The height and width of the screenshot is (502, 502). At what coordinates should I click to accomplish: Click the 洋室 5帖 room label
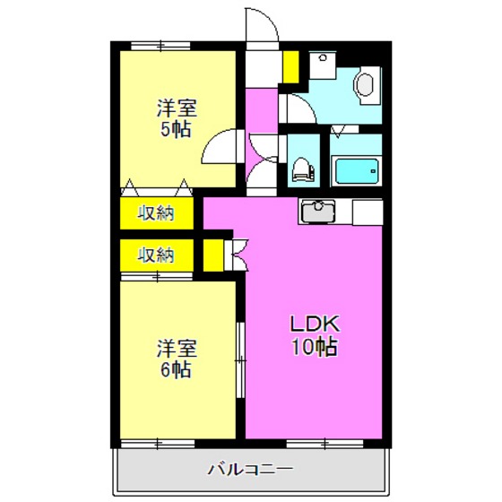pos(177,117)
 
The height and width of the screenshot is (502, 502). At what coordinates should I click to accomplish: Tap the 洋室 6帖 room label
pos(177,357)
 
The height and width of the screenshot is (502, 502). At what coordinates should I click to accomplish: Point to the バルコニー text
pos(250,468)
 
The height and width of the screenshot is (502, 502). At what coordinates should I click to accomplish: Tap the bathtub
pos(357,169)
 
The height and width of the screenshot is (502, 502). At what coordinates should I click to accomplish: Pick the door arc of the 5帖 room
pos(222,145)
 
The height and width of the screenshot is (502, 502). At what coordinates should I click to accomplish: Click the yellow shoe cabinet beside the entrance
pos(290,65)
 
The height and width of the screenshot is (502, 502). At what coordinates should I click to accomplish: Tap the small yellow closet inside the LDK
pos(213,255)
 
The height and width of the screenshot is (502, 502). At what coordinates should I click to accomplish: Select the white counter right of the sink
pos(366,212)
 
